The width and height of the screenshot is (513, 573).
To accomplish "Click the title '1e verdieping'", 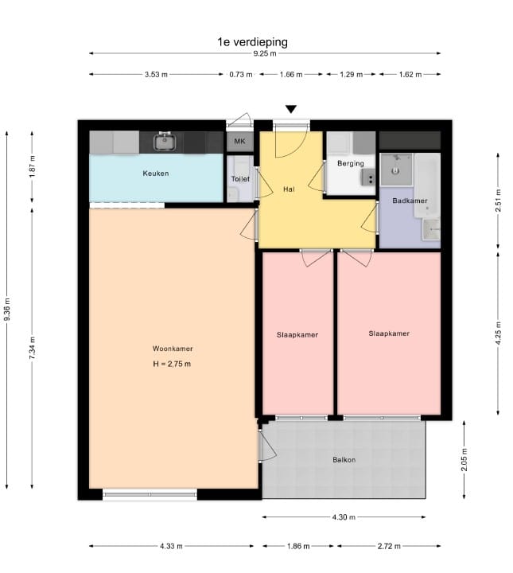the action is pos(252,42).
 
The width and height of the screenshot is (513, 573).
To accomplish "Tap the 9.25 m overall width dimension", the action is pos(265,53).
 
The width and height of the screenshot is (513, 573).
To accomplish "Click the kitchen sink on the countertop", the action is pos(165,142).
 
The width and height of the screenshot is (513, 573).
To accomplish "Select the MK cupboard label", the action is pos(240,141).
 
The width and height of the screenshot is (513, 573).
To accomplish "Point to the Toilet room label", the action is pos(241,179).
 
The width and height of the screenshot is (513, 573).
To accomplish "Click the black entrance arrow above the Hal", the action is pos(291,109).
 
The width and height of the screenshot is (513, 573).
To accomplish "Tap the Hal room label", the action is pos(289,189).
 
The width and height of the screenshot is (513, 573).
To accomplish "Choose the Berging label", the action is pos(351,163).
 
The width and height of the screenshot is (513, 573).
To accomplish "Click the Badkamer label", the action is pos(410,201).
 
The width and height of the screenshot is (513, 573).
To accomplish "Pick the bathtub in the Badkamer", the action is pos(428,185).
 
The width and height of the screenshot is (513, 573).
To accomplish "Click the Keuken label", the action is pos(156,173).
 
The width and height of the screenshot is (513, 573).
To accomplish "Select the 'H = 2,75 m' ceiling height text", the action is pos(172,364).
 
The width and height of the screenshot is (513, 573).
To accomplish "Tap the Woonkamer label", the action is pos(173,349).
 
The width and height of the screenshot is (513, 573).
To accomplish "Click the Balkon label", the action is pos(344,460).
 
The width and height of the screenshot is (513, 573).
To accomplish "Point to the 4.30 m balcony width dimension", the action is pos(344,517).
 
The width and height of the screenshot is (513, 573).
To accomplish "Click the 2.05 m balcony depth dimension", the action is pos(464,460).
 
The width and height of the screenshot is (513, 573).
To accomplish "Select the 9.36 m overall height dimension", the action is pos(7,310).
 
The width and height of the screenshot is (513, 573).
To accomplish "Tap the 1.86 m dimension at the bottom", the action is pos(298,546).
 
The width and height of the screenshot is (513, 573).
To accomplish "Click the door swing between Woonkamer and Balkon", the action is pos(268,446).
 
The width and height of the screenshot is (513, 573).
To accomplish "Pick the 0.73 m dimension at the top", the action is pos(241,75).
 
